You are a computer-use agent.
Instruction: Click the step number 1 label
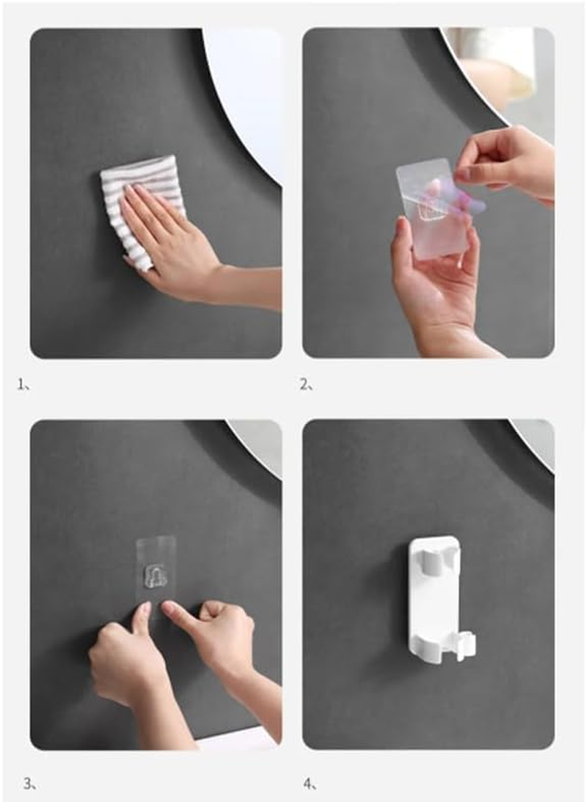[23, 384]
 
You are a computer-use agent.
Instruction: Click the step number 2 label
[306, 384]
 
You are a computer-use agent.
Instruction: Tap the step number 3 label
[29, 783]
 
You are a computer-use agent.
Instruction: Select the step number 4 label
[310, 783]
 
